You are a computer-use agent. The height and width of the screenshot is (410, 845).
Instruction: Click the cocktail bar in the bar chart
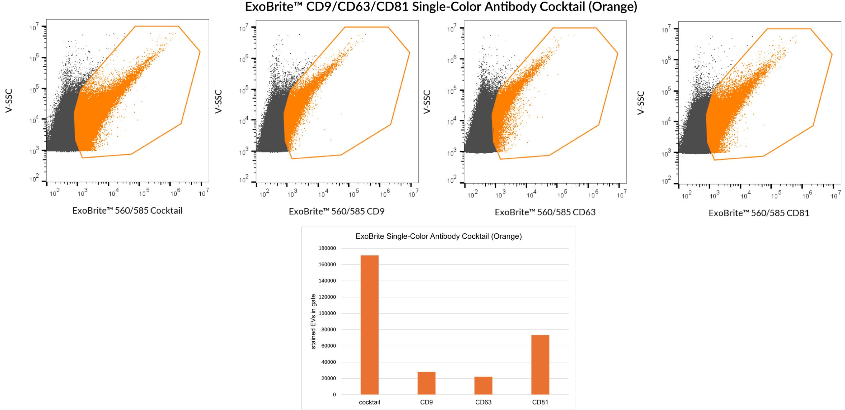point(369,325)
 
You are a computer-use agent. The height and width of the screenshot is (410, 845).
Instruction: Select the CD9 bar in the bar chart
point(426,383)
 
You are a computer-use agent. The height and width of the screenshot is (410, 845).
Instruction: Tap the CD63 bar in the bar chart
point(483,385)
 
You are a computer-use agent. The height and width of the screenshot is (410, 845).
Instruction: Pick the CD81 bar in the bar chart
point(540,364)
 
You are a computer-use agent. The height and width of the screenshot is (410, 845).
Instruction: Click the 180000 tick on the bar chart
point(327,248)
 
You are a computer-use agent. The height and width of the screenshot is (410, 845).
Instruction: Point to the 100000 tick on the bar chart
point(327,313)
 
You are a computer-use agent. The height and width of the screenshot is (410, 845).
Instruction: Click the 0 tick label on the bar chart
point(334,394)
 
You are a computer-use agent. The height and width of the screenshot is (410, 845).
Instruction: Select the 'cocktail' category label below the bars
point(369,402)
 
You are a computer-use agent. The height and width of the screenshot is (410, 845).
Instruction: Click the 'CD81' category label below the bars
point(540,402)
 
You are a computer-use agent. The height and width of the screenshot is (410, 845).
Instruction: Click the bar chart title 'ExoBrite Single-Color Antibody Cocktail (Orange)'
point(438,236)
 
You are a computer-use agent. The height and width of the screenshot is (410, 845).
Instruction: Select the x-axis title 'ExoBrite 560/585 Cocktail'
point(127,211)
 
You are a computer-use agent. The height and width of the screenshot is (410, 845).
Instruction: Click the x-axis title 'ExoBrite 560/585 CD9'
point(336,211)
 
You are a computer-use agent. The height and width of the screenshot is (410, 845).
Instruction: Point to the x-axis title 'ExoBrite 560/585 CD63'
point(545,212)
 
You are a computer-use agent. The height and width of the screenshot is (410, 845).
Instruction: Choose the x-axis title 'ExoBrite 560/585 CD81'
point(759,213)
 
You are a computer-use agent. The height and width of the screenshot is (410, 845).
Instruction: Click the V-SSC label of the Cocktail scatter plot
point(9,101)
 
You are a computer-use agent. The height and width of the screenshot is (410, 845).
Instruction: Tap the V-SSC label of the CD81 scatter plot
point(641,103)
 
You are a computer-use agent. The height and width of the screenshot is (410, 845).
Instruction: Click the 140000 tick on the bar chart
point(327,281)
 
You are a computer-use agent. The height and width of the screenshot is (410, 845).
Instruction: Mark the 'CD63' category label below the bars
point(483,402)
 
